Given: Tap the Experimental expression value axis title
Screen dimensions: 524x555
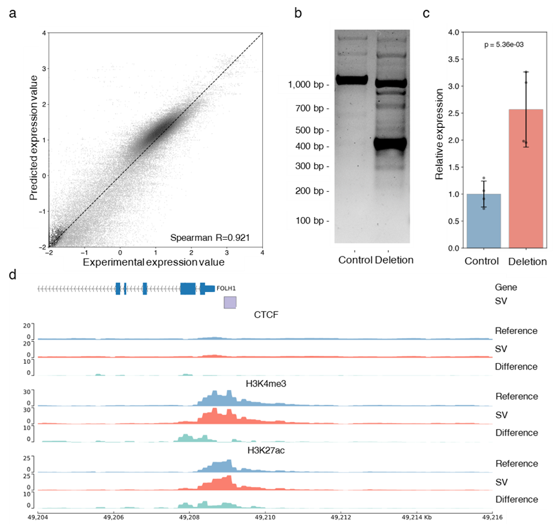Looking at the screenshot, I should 154,262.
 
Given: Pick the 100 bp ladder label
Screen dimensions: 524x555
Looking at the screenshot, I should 309,221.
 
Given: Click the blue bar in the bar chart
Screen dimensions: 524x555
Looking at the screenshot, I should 485,220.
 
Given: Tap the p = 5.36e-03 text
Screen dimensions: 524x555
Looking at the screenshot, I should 507,45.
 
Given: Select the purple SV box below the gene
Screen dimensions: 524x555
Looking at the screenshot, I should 230,302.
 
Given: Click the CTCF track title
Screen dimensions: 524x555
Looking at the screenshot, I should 265,315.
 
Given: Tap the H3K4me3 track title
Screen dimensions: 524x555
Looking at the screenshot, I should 265,383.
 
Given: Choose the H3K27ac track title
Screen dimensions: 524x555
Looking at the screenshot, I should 265,450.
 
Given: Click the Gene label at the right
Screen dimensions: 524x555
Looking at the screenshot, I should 506,288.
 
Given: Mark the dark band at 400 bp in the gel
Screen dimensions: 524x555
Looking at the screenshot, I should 390,143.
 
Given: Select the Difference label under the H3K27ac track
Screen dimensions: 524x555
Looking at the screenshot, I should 516,499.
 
